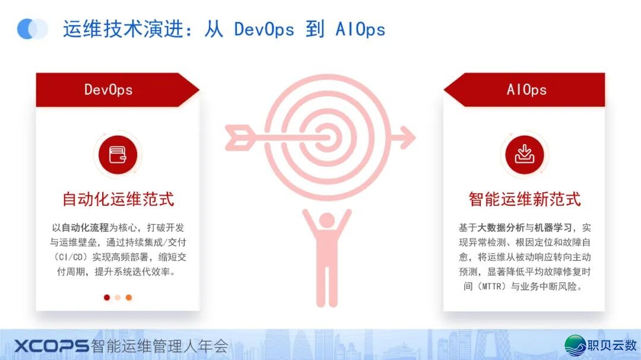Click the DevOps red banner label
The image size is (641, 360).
[109, 90]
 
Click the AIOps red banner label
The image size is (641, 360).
[526, 90]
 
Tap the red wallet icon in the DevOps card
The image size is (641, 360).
[118, 155]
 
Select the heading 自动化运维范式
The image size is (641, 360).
[118, 199]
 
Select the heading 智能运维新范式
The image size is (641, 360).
[525, 199]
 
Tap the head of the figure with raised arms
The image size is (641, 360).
[326, 221]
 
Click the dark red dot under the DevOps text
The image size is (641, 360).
[107, 297]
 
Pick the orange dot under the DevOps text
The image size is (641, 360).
[129, 297]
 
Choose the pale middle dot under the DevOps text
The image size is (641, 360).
[118, 297]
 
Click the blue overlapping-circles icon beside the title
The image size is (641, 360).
[32, 28]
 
